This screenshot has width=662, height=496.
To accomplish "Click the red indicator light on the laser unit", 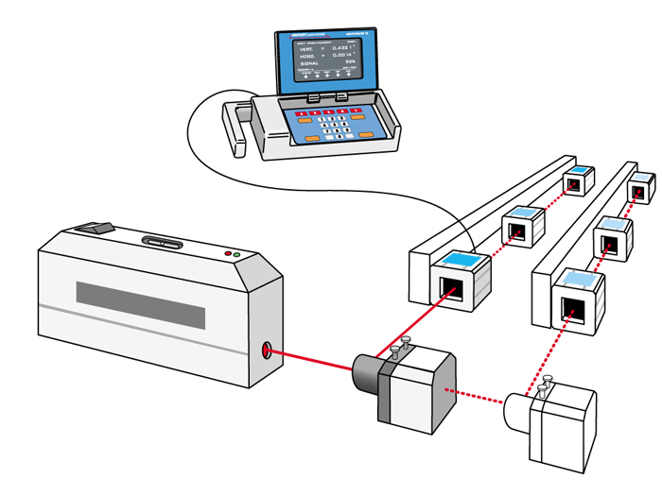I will [227, 254].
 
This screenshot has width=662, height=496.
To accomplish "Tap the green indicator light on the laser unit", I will [237, 256].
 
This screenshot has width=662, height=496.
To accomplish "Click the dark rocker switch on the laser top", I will [95, 227].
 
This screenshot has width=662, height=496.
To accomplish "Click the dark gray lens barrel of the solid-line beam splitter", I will [365, 375].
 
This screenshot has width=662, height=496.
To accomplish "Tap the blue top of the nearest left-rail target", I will [462, 260].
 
